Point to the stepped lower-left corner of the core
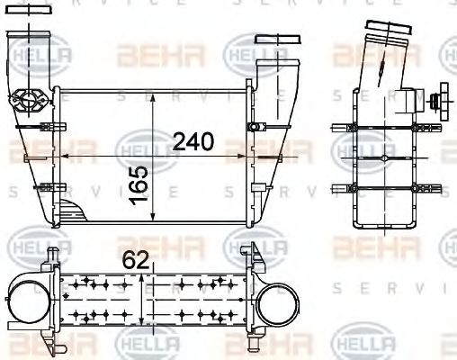(x=72, y=213)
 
